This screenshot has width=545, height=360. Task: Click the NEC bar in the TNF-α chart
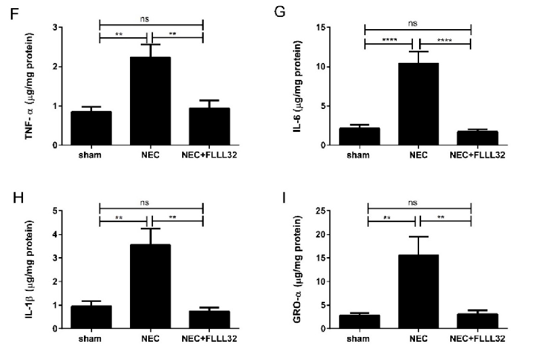click(151, 102)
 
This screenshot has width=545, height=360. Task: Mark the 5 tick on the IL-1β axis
click(61, 211)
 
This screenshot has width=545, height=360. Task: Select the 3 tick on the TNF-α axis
click(61, 28)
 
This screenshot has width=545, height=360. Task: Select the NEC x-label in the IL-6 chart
click(418, 155)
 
